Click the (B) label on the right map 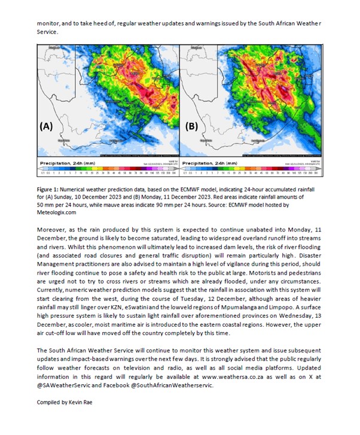coord(193,127)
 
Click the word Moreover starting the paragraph coord(52,230)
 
